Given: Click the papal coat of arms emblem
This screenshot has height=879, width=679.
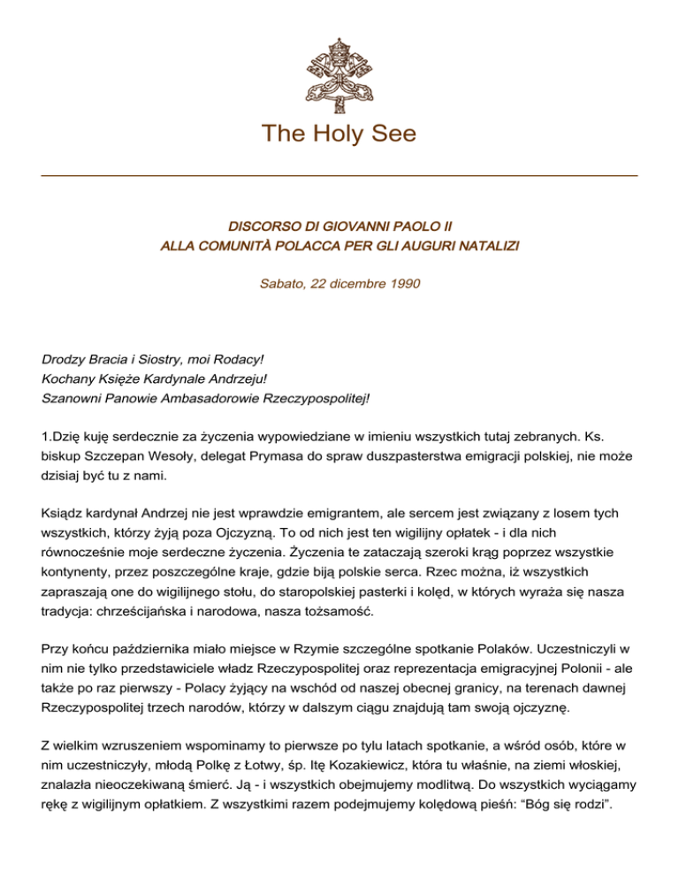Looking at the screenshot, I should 339,64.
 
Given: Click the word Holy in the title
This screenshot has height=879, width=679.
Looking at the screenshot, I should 339,134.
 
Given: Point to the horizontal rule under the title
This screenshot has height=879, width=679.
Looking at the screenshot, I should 339,176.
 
